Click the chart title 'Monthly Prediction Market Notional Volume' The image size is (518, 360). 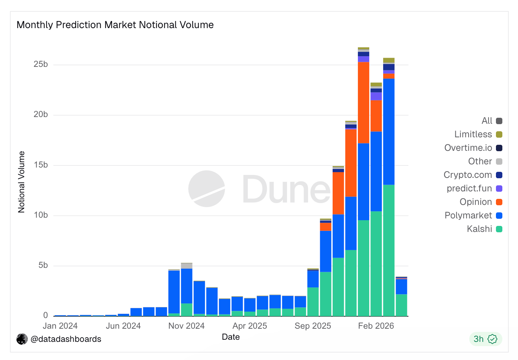point(115,25)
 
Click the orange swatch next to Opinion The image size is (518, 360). point(499,202)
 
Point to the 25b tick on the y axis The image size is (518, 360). point(41,64)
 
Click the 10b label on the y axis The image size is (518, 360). point(41,215)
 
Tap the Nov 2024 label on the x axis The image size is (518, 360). point(186,326)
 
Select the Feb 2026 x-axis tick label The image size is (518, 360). point(376,326)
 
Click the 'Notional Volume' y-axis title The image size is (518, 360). point(22,182)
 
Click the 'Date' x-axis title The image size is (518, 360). point(231,337)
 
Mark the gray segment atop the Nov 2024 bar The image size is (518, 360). point(186,266)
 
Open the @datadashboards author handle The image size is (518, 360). point(66,339)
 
